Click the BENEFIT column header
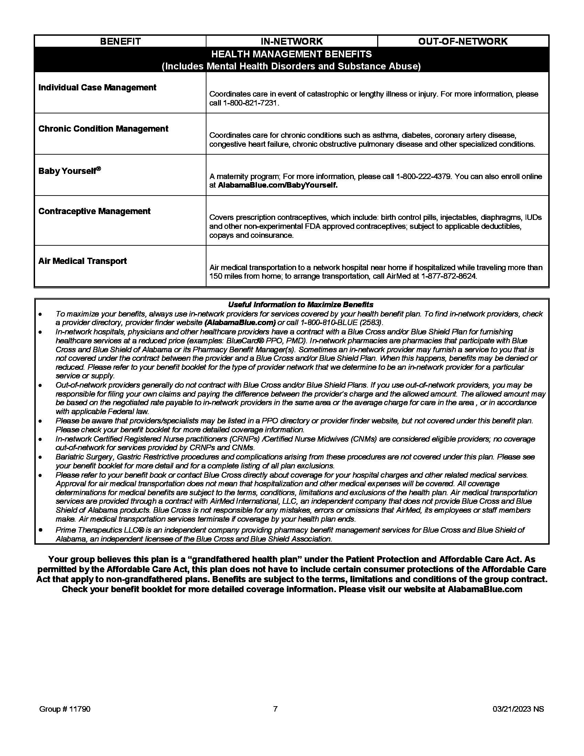(x=120, y=41)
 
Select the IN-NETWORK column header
(x=291, y=41)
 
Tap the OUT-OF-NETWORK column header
(x=463, y=41)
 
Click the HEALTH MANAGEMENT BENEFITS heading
(x=291, y=54)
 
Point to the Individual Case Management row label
(x=97, y=87)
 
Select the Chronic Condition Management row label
(x=103, y=129)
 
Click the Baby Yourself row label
(x=69, y=171)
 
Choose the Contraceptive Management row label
(x=94, y=211)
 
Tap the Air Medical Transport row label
(x=82, y=261)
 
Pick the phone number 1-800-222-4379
(x=423, y=177)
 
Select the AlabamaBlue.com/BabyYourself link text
(x=277, y=185)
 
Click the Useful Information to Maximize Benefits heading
(x=300, y=304)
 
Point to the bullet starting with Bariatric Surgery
(x=294, y=457)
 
